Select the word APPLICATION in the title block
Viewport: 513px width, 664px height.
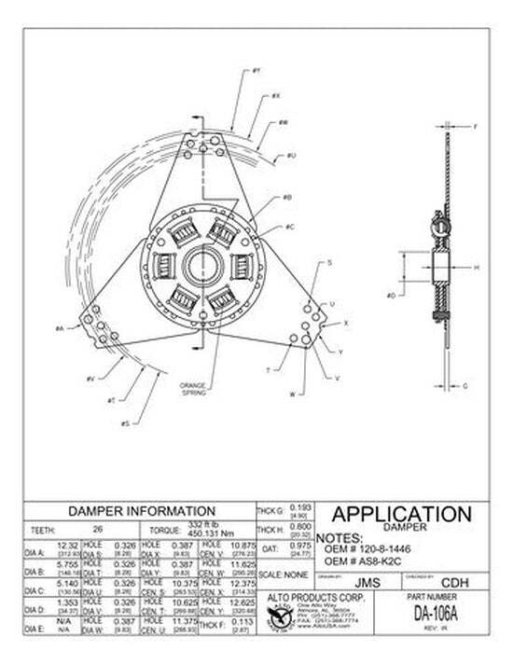(401, 515)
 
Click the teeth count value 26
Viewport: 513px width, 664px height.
(99, 528)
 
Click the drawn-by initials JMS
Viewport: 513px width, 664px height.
(368, 580)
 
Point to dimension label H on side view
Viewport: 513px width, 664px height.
(476, 268)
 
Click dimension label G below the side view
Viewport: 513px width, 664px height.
(465, 385)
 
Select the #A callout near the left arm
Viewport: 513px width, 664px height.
(59, 328)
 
